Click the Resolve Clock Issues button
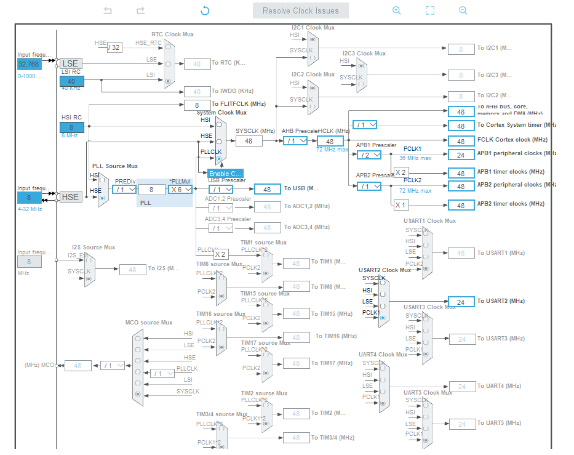300,10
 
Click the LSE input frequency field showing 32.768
29,64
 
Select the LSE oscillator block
70,63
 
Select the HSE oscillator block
70,197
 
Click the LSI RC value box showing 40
71,81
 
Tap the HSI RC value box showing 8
71,127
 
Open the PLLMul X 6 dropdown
180,190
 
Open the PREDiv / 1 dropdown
125,190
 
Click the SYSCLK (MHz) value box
249,141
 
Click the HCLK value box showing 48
330,141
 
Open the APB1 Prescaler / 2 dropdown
369,155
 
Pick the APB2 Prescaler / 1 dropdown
369,186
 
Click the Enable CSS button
225,174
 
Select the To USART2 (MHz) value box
461,302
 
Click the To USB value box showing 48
267,190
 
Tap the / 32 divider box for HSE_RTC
114,47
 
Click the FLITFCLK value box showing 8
197,105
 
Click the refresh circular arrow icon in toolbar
205,10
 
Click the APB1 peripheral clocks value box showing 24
461,155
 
